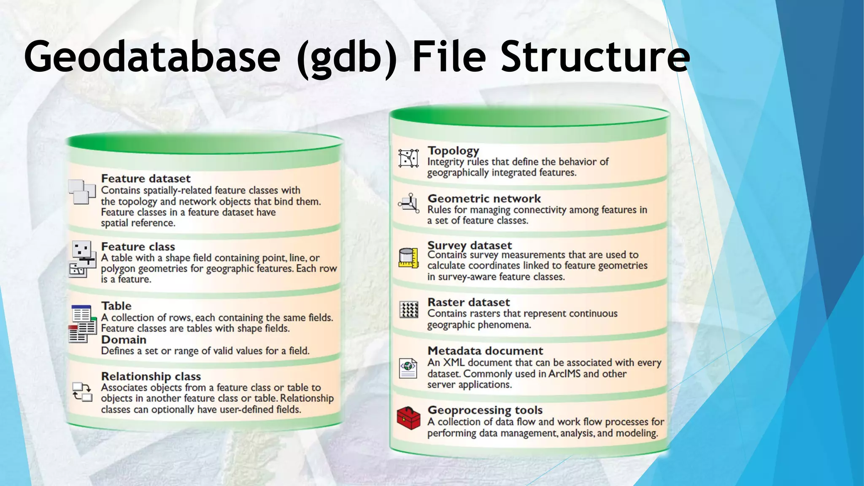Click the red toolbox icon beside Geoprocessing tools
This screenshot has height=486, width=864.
(x=408, y=418)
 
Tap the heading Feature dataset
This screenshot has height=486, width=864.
(x=146, y=178)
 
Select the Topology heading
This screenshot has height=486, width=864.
(x=453, y=151)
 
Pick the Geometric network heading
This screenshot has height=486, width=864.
(x=484, y=198)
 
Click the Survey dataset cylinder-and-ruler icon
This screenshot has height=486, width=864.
(x=408, y=258)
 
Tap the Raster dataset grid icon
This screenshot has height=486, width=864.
(x=408, y=310)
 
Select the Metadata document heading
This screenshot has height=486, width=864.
(x=485, y=351)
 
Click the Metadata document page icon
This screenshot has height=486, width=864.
(x=408, y=368)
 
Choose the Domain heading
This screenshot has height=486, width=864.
(x=124, y=340)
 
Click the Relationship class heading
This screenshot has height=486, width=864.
(x=151, y=376)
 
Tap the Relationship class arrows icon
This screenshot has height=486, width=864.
(x=82, y=392)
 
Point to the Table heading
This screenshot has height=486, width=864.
(x=116, y=306)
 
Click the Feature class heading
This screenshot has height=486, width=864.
(x=138, y=246)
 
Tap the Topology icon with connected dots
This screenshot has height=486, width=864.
(x=408, y=158)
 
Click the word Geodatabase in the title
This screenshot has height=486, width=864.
(x=152, y=57)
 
